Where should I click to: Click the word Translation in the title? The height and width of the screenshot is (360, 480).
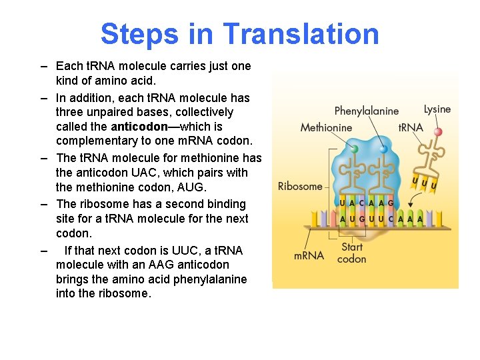point(301,34)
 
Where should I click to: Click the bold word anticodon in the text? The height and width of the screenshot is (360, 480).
point(139,126)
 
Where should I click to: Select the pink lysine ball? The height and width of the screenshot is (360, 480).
point(438,132)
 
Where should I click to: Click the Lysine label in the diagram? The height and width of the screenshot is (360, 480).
point(437,109)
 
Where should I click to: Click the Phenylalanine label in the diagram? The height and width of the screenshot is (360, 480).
point(366,111)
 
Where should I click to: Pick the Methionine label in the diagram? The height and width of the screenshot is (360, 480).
point(326,127)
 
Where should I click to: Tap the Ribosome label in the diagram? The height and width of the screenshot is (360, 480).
point(299,186)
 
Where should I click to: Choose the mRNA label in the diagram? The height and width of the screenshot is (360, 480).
point(309,255)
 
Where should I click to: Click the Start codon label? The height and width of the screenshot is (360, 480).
point(351,253)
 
